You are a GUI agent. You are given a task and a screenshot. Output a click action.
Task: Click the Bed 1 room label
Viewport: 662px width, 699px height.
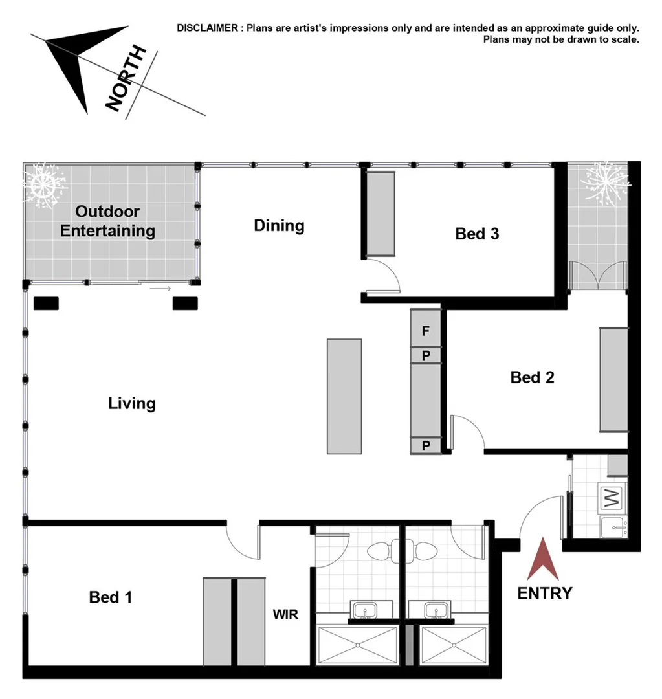[111, 597]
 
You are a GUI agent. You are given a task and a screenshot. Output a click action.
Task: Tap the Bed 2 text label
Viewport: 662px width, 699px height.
[532, 377]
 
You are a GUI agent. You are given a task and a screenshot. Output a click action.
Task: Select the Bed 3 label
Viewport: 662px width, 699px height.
[477, 234]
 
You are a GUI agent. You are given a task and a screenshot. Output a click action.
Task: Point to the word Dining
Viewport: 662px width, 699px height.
[279, 226]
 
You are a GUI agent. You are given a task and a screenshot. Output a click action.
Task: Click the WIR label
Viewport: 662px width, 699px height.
[285, 614]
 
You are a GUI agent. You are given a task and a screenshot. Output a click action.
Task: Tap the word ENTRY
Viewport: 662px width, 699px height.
[544, 593]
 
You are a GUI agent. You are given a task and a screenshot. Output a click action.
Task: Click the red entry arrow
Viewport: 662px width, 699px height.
[542, 560]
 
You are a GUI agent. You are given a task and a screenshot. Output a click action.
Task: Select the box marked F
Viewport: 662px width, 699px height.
[426, 331]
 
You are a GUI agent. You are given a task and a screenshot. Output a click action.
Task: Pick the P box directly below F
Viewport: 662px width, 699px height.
[426, 355]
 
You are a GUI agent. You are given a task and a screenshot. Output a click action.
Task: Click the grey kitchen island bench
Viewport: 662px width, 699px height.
[344, 396]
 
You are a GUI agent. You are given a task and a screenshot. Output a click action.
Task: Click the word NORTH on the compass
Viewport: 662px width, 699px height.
[127, 80]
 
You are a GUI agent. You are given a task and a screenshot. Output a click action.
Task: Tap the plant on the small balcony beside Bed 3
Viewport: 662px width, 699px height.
[604, 183]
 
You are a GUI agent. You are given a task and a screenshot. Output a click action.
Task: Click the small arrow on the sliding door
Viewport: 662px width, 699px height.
[160, 288]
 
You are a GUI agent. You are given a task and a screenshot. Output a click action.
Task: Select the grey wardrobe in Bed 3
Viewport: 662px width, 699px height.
[381, 214]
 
